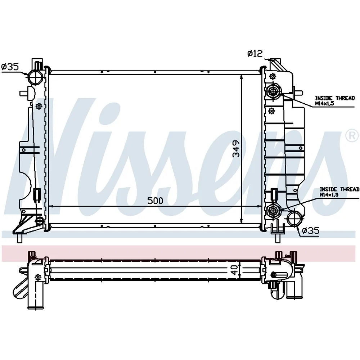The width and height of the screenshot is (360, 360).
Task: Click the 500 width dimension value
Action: point(155,201)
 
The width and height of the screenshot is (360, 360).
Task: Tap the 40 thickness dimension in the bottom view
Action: point(235,270)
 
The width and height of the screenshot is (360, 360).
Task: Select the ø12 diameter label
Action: point(255,54)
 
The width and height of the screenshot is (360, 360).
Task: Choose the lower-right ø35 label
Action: point(310,230)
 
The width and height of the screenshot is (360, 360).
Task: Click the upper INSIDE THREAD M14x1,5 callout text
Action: point(335,100)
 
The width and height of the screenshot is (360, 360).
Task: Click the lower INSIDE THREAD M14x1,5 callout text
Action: point(339,192)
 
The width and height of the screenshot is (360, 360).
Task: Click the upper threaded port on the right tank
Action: point(273,91)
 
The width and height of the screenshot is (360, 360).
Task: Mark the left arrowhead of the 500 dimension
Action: point(51,206)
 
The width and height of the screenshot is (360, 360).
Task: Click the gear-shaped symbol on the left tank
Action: point(39,106)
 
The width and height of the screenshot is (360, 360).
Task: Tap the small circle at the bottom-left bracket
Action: point(40,221)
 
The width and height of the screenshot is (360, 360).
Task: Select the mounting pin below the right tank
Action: point(278,238)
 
